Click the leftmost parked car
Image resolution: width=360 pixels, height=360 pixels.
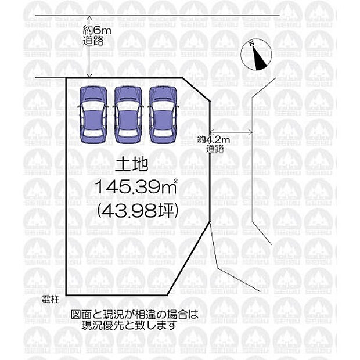93,115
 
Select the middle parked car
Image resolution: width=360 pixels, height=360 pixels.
128,115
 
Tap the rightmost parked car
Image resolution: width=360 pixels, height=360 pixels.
163,115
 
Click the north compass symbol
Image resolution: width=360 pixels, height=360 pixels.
256,55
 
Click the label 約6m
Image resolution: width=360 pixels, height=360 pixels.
97,30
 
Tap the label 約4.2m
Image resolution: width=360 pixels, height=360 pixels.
213,139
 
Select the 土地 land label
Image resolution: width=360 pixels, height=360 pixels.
131,164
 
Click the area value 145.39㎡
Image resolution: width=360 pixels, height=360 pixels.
136,186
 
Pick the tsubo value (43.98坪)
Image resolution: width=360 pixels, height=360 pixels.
138,211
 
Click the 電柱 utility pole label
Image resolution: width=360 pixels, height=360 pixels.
51,300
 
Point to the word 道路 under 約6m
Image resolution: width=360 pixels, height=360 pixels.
93,41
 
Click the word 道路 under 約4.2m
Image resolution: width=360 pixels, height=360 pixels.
215,149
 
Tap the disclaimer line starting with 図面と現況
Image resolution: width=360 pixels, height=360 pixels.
135,315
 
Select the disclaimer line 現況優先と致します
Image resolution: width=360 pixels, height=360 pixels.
129,325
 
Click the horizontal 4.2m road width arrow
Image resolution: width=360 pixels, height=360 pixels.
232,132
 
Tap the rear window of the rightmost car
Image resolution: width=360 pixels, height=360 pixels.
163,134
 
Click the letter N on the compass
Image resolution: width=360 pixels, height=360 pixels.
251,43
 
